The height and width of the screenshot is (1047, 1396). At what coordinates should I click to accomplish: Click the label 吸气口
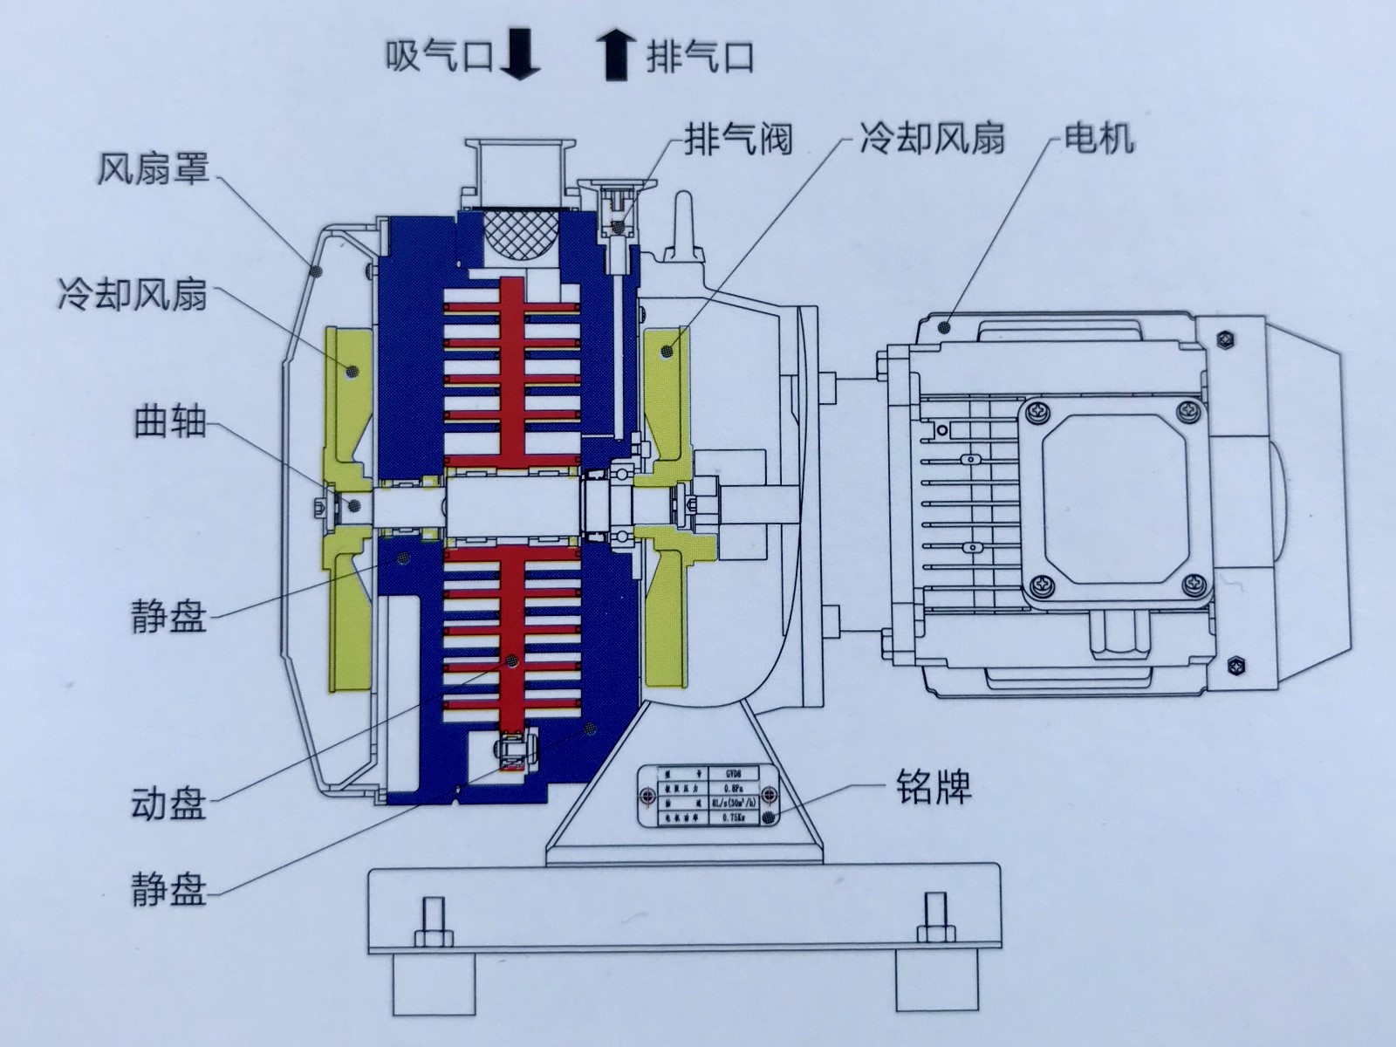[x=439, y=57]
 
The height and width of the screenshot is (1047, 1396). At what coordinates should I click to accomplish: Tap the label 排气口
[x=699, y=57]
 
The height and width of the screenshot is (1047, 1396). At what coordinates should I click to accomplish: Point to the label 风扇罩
[x=152, y=168]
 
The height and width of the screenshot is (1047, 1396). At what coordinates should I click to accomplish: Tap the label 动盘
[x=168, y=804]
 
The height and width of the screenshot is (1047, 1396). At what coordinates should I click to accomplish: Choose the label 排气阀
[x=737, y=139]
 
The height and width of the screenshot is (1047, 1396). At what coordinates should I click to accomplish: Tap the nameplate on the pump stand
[x=708, y=796]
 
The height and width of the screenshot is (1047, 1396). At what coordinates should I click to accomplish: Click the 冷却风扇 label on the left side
[x=132, y=295]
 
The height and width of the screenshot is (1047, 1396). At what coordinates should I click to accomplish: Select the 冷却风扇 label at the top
[x=931, y=138]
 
